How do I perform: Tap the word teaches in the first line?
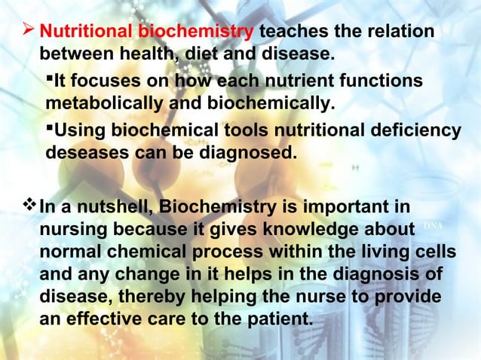click(x=295, y=32)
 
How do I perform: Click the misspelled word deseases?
click(x=84, y=153)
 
